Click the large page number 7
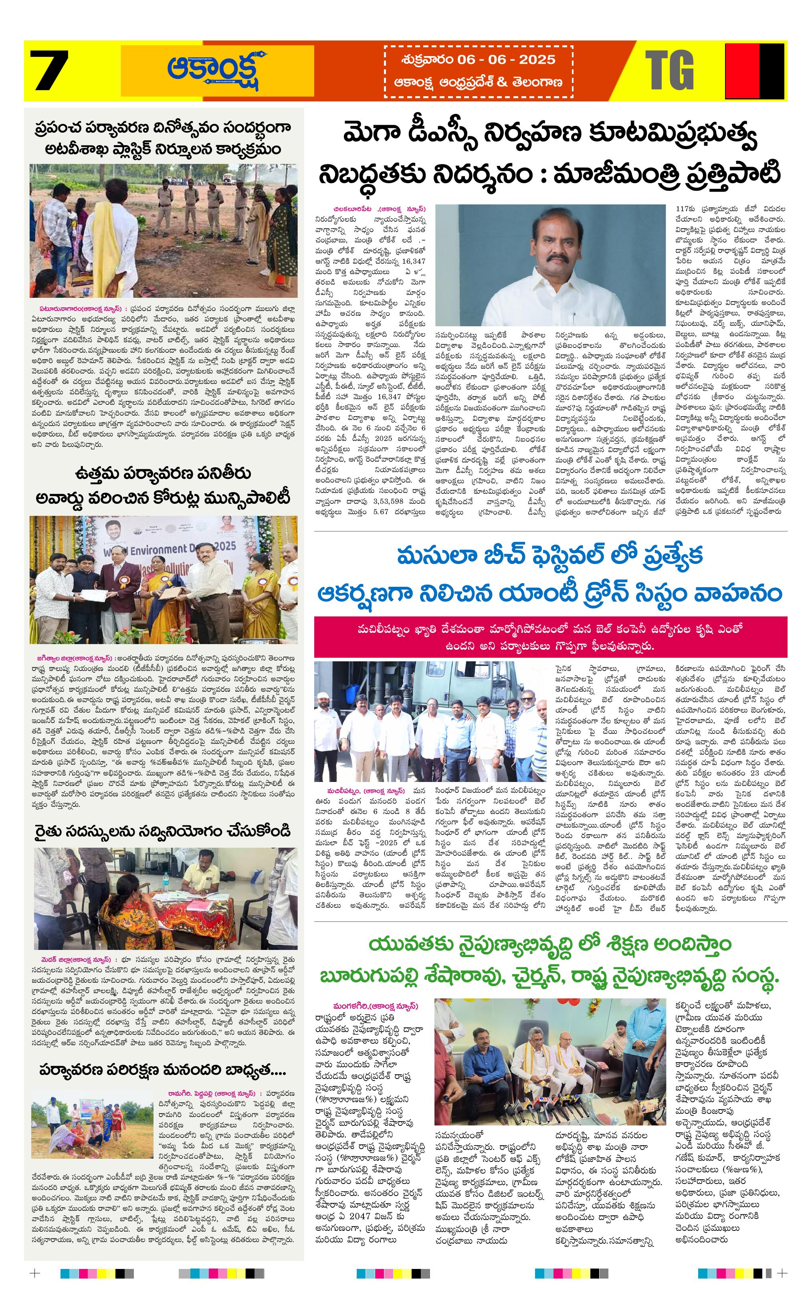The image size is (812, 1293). (49, 71)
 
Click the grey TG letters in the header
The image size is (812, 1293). (669, 71)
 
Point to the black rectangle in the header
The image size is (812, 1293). (772, 71)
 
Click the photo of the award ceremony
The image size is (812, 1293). (163, 580)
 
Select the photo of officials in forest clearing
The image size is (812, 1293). (163, 230)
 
